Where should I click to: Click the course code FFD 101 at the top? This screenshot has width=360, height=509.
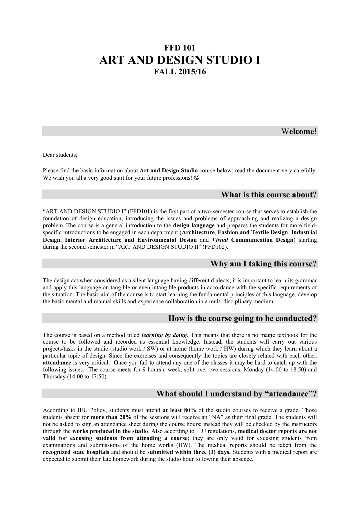[180, 48]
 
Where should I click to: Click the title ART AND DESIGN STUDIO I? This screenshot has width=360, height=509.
[180, 60]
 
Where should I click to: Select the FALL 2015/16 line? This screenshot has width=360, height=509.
[180, 72]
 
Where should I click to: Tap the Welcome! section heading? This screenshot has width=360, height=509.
[299, 131]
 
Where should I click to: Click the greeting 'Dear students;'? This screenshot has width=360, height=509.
[60, 155]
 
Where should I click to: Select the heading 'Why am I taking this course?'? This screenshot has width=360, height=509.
[263, 264]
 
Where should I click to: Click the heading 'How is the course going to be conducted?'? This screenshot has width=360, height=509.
[242, 318]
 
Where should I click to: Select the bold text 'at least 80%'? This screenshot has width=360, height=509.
[179, 410]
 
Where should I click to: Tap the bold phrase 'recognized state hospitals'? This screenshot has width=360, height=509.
[76, 452]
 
